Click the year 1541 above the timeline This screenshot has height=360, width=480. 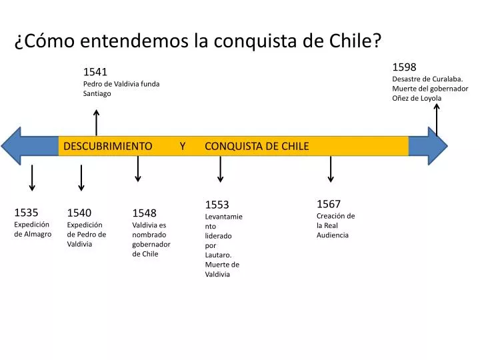[95, 72]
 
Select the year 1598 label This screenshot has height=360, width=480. [404, 67]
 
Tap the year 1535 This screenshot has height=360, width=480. [26, 213]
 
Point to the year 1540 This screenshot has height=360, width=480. [79, 213]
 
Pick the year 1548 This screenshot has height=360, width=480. [144, 213]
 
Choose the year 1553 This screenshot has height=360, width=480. [217, 205]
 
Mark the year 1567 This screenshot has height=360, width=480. [329, 204]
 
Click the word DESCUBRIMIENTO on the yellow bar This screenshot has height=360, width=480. [107, 146]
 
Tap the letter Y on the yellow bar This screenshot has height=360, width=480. [183, 146]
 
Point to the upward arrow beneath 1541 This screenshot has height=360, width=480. [97, 123]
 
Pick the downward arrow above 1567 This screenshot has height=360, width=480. [330, 169]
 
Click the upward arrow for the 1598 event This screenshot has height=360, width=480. [437, 120]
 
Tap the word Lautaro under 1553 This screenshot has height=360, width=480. [218, 255]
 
